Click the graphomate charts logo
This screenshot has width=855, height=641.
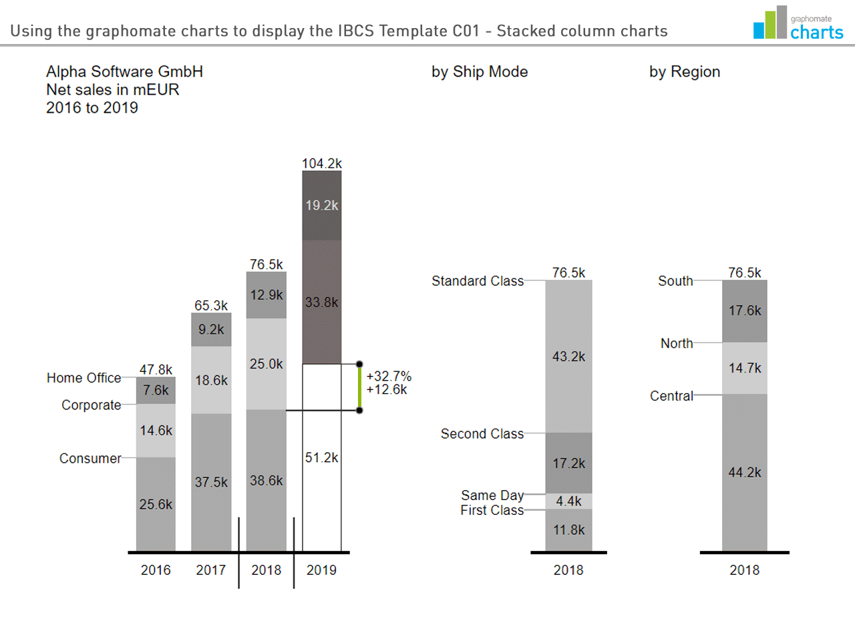click(798, 24)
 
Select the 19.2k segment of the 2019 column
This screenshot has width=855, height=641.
click(322, 206)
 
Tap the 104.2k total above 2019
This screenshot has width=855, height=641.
click(321, 164)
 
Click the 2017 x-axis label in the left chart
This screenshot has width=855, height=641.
click(211, 570)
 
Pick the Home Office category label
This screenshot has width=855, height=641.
click(84, 378)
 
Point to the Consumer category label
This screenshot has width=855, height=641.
click(90, 459)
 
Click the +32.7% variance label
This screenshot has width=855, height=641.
click(389, 376)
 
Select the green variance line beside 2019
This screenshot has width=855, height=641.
click(359, 387)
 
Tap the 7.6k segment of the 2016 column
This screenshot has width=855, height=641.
click(156, 391)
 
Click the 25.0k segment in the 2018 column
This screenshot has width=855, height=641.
click(267, 364)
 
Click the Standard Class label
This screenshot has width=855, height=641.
click(478, 281)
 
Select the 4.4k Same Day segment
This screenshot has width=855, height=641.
click(568, 501)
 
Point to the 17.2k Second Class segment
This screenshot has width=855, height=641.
click(568, 463)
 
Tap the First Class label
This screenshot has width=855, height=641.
click(492, 511)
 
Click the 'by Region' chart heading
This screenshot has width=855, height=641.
click(685, 72)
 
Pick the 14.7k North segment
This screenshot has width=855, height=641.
click(745, 369)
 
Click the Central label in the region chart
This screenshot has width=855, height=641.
click(672, 396)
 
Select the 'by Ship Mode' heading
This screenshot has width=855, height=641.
click(480, 72)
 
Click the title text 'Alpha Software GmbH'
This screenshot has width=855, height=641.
click(124, 72)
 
